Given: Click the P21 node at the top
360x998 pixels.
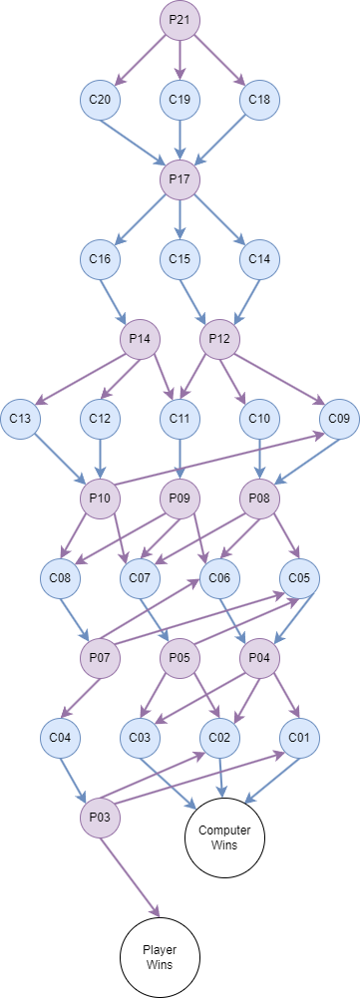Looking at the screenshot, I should point(180,20).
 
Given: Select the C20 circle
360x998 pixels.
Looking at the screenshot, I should point(100,100).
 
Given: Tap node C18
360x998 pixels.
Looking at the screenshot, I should point(259,100).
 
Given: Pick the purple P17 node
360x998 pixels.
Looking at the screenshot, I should point(180,179).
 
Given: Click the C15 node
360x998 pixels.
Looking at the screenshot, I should point(180,259).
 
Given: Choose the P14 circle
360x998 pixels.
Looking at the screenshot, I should point(140,339).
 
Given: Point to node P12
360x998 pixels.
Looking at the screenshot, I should point(219,339).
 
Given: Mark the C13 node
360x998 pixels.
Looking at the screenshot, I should point(20,419).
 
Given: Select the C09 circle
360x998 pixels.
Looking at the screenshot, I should point(339,419).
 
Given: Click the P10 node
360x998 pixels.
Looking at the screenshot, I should point(100,499).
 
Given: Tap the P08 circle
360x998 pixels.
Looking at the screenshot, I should point(259,499).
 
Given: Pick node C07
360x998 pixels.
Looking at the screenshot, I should point(140,576).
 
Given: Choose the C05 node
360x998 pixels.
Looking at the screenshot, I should point(299,576).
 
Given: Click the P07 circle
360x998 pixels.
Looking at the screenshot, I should point(100,658).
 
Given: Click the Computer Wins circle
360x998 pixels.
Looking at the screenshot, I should point(224,837).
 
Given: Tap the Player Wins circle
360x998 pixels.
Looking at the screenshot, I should point(160,957).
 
